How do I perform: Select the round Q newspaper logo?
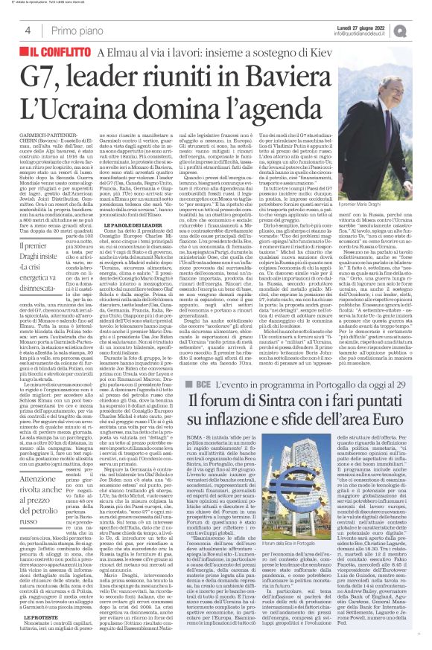(x=420, y=29)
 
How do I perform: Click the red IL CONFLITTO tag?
(x=54, y=54)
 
